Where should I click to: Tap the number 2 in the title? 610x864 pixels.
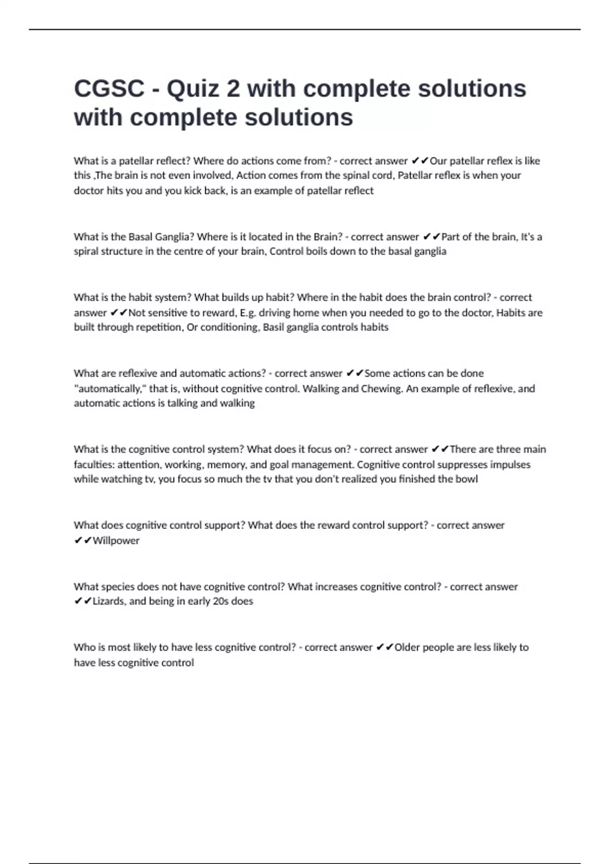233,89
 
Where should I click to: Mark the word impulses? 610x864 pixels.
510,465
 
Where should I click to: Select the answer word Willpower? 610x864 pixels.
116,541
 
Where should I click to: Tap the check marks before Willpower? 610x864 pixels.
83,541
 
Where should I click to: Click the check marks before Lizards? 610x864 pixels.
83,601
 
